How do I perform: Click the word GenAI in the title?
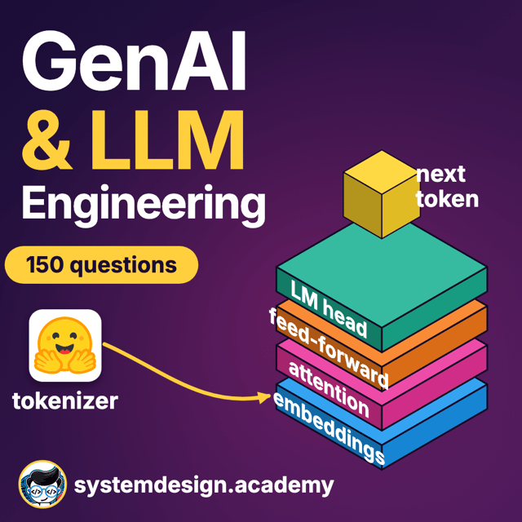tap(134, 61)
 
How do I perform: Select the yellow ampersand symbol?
tap(47, 139)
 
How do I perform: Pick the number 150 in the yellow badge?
tap(44, 264)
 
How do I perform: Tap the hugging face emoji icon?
tap(65, 345)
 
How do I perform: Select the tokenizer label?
tap(65, 400)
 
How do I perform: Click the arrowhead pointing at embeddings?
tap(265, 397)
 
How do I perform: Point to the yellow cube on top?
tap(382, 194)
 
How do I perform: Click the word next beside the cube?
tap(440, 175)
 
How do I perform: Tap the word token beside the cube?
tap(448, 199)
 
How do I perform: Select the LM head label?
tap(329, 308)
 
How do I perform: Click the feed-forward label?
tap(329, 348)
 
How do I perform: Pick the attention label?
tap(329, 389)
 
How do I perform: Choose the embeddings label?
tap(329, 428)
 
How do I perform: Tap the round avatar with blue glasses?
tap(42, 484)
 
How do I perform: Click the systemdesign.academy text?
tap(204, 485)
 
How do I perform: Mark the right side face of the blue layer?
tap(435, 427)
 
